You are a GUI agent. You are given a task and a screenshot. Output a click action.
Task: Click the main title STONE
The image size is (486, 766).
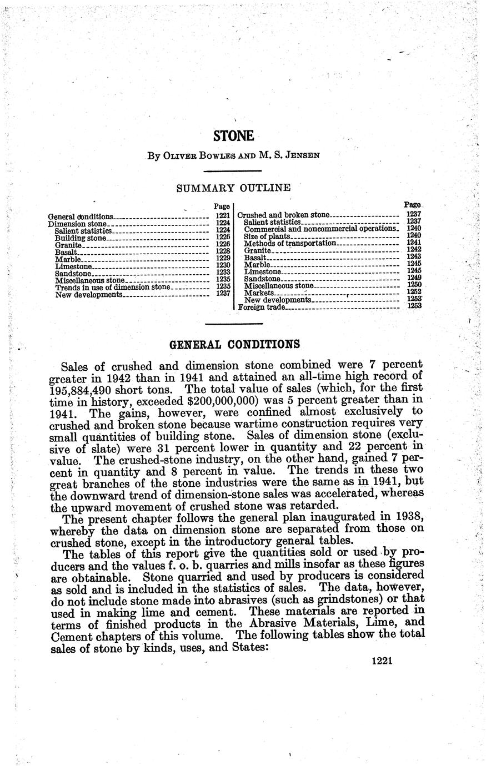pyautogui.click(x=234, y=136)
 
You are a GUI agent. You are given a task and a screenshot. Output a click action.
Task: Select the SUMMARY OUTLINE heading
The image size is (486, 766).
pyautogui.click(x=233, y=188)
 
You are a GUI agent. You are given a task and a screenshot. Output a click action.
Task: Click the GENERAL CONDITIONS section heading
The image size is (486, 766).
pyautogui.click(x=234, y=344)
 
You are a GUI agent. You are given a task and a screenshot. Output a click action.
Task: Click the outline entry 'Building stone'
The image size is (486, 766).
pyautogui.click(x=79, y=238)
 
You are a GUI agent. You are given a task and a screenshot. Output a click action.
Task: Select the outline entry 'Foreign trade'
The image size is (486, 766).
pyautogui.click(x=261, y=306)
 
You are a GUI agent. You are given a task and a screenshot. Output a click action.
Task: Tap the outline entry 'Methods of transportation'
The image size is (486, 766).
pyautogui.click(x=290, y=243)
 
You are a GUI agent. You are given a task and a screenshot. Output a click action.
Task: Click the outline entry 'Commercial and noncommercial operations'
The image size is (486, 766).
pyautogui.click(x=320, y=229)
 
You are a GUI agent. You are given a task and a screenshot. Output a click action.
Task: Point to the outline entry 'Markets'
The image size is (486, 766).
pyautogui.click(x=259, y=293)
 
